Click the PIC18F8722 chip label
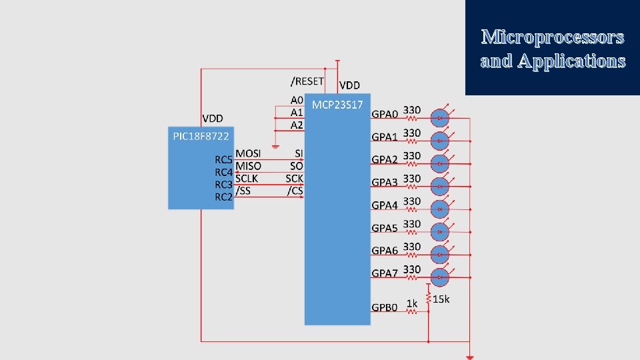(201, 136)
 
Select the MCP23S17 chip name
(337, 105)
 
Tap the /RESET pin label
(307, 81)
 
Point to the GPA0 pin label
(385, 115)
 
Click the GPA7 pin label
(385, 273)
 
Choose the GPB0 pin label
(385, 307)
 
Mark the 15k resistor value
(441, 299)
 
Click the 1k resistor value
(412, 304)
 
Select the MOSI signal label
(248, 153)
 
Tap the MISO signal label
(248, 166)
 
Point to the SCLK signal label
(247, 179)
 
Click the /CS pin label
(295, 191)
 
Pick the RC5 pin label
(223, 160)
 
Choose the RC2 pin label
(223, 197)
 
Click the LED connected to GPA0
(440, 118)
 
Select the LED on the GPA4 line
(440, 209)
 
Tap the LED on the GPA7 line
(440, 277)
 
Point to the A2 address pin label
(297, 125)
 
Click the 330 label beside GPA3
(412, 179)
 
